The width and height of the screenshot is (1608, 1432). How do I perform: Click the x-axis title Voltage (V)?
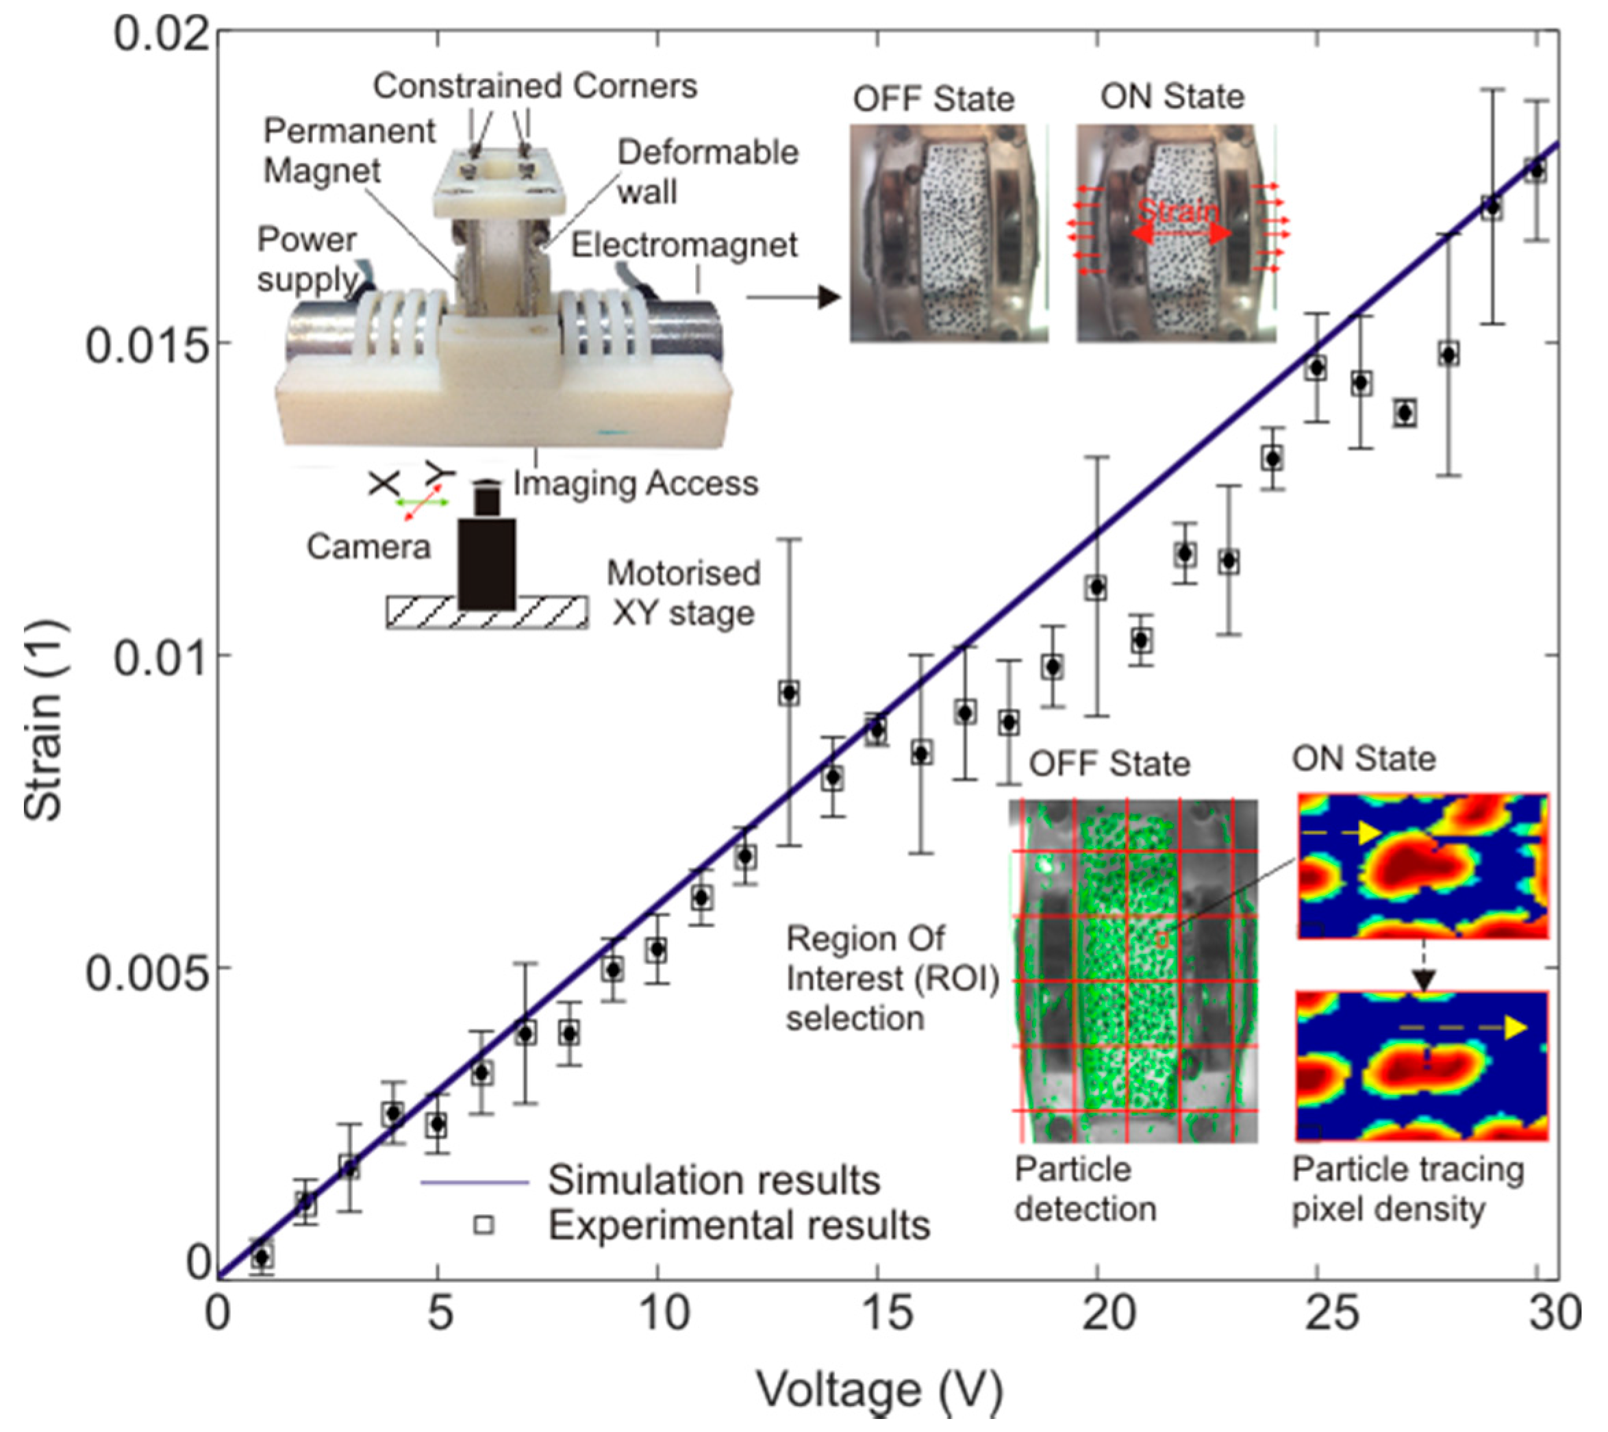879,1390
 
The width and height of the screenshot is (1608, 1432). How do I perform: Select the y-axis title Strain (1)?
44,719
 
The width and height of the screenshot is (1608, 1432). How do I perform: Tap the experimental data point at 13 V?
789,693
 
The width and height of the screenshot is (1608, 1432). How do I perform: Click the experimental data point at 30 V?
1535,170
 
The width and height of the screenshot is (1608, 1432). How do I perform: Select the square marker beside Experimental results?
483,1224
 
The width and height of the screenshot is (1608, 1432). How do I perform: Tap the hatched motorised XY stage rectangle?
486,613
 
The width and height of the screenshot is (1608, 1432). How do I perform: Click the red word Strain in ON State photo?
1178,211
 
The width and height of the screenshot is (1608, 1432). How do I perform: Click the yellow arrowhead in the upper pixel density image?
1370,833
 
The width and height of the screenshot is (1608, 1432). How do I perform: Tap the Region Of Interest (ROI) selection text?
892,978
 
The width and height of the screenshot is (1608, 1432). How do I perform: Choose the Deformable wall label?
707,171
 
